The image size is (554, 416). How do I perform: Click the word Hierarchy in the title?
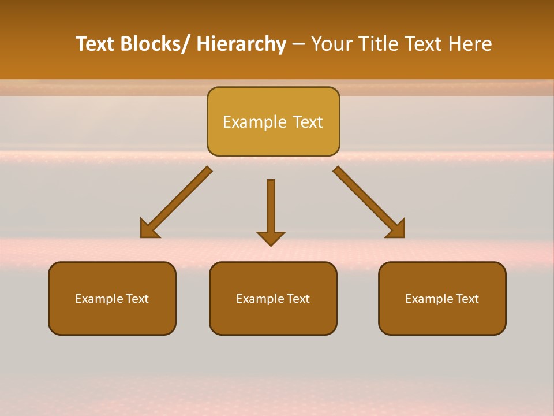241,44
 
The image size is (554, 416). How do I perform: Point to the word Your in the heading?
331,44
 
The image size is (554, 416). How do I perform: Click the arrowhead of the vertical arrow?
271,238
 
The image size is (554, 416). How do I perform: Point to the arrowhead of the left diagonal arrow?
149,229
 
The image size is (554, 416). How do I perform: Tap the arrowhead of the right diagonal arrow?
396,229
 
